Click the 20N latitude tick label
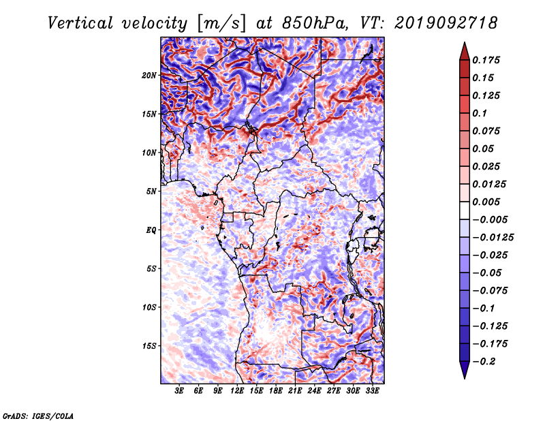pos(149,76)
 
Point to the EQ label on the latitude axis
pos(151,230)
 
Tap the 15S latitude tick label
pos(149,346)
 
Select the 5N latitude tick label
pos(151,191)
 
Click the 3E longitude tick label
pos(179,391)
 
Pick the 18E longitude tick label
pos(275,391)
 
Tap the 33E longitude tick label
pos(372,391)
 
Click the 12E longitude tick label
pos(236,391)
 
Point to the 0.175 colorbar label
pos(486,60)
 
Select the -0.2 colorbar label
pos(484,362)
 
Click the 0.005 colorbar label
pos(486,202)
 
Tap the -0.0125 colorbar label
pos(493,238)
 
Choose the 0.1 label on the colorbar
pos(480,113)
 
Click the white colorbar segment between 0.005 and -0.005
pos(465,210)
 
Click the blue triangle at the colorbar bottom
pos(465,369)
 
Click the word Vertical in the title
pos(80,23)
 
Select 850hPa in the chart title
pos(315,23)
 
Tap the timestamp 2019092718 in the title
pos(446,23)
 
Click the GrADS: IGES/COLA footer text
pos(38,416)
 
